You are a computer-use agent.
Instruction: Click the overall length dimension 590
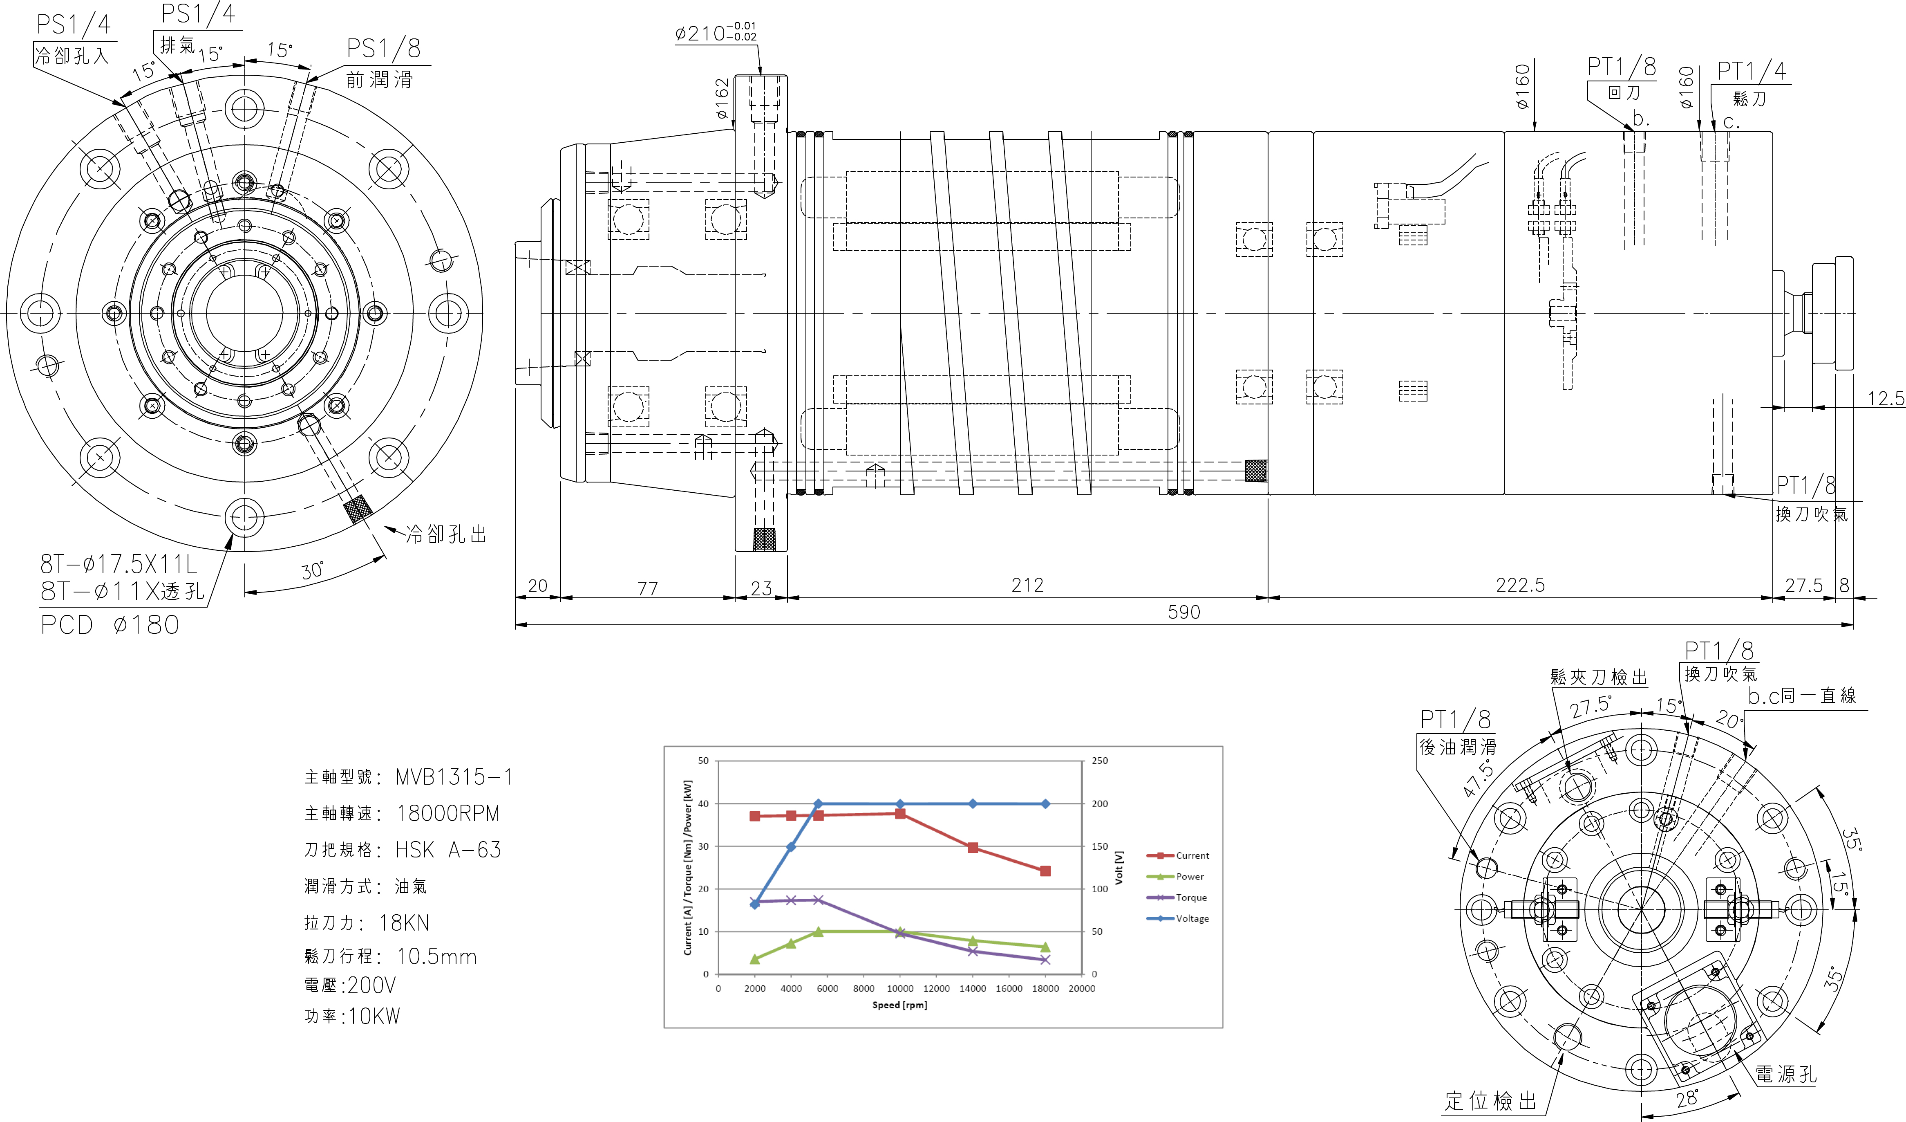point(1183,612)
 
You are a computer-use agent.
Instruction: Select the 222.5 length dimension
point(1520,585)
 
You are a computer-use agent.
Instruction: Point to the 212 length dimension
point(1027,585)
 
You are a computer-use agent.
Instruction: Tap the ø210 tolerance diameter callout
point(715,33)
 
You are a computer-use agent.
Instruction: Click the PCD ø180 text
point(110,625)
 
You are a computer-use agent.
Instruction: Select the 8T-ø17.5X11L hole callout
point(119,563)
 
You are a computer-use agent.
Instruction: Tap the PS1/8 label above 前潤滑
point(383,48)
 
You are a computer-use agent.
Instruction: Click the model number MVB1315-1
point(454,777)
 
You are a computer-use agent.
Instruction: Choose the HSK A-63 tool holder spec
point(448,850)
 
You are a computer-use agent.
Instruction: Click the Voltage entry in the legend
point(1192,918)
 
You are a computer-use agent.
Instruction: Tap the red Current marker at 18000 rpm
point(1045,871)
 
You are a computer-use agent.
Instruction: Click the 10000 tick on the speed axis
point(900,988)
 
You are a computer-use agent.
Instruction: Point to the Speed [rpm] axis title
point(899,1005)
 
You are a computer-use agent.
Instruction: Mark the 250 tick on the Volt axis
point(1100,761)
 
